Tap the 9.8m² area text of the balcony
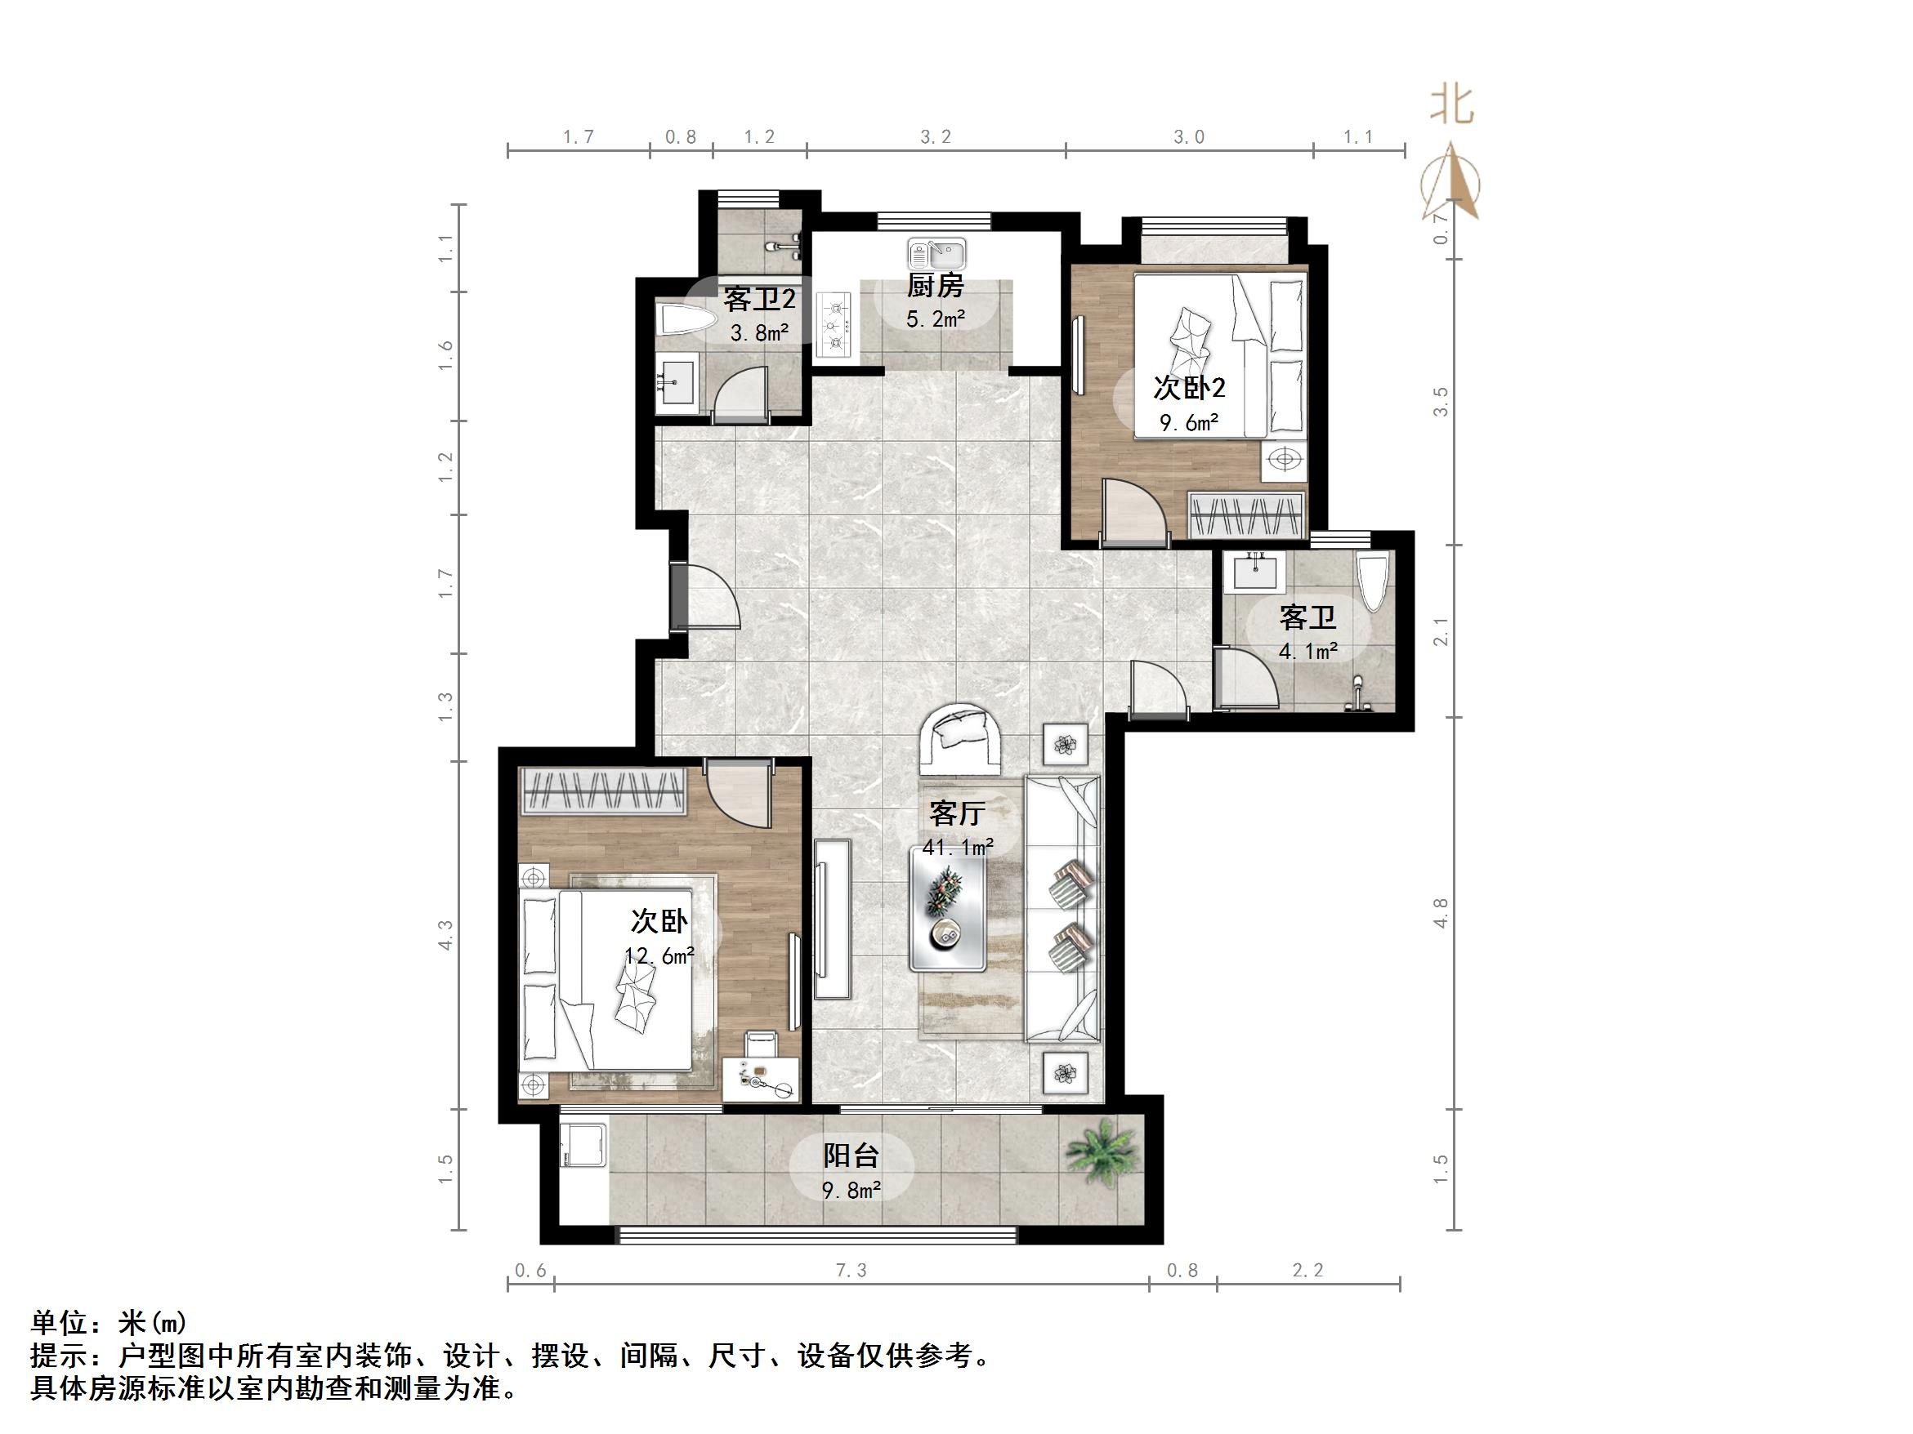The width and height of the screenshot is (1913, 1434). click(851, 1191)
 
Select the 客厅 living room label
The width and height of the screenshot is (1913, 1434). click(956, 813)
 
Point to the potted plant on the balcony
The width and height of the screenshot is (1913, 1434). click(1100, 1150)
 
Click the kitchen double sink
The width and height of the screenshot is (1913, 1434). click(936, 255)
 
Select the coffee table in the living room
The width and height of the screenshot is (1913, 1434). click(948, 908)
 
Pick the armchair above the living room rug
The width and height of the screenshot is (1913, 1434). click(960, 738)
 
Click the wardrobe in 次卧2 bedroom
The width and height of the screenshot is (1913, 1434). click(1246, 514)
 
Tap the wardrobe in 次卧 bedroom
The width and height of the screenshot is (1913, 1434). click(604, 790)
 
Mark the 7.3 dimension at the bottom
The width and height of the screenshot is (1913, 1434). click(851, 1270)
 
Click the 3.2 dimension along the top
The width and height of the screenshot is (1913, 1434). click(935, 136)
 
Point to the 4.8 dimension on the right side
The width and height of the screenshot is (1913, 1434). click(1440, 913)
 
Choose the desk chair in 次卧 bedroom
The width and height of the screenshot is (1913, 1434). click(762, 1044)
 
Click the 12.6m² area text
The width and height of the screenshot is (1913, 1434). click(659, 956)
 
